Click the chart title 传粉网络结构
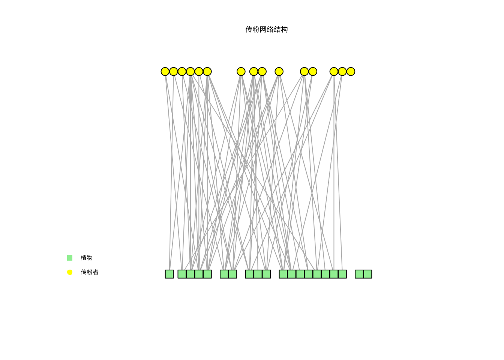coord(266,30)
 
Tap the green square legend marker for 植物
coord(70,258)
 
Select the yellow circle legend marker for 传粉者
coord(70,272)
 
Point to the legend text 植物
coord(87,258)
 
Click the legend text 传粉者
coord(90,272)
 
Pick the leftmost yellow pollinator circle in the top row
coord(165,72)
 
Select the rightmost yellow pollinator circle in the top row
coord(351,72)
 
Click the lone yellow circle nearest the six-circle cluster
coord(241,72)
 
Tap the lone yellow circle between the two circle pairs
coord(279,72)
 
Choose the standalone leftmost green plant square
coord(169,274)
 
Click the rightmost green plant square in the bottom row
coord(367,274)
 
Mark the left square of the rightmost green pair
coord(359,274)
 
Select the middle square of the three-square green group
coord(258,274)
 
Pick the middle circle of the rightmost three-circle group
coord(342,72)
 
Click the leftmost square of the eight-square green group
coord(283,274)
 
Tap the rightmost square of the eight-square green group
coord(342,274)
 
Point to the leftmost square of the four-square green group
coord(182,274)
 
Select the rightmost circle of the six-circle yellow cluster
coord(207,72)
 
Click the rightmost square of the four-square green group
coord(207,274)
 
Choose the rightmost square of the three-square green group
coord(266,274)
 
